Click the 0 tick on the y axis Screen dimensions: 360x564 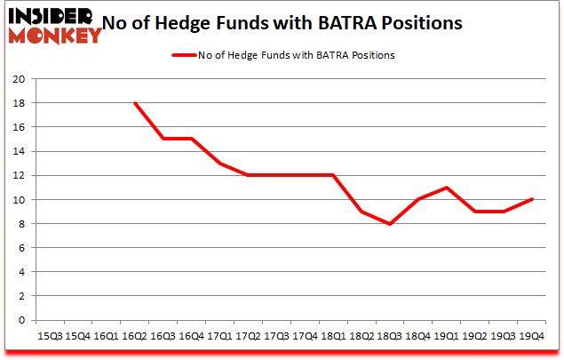[20, 321]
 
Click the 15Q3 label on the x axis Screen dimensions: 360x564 [50, 335]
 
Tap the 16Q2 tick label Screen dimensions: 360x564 [135, 335]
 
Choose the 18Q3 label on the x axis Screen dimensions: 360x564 [389, 335]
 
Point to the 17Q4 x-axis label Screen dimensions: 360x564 [305, 335]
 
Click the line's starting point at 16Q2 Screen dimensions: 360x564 [135, 103]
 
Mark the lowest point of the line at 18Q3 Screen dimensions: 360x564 [389, 224]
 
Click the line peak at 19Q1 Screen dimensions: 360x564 [446, 188]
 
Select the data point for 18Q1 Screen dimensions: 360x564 [333, 175]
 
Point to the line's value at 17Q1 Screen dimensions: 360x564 [219, 164]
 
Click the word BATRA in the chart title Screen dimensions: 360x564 [367, 25]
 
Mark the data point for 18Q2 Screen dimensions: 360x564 [361, 212]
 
